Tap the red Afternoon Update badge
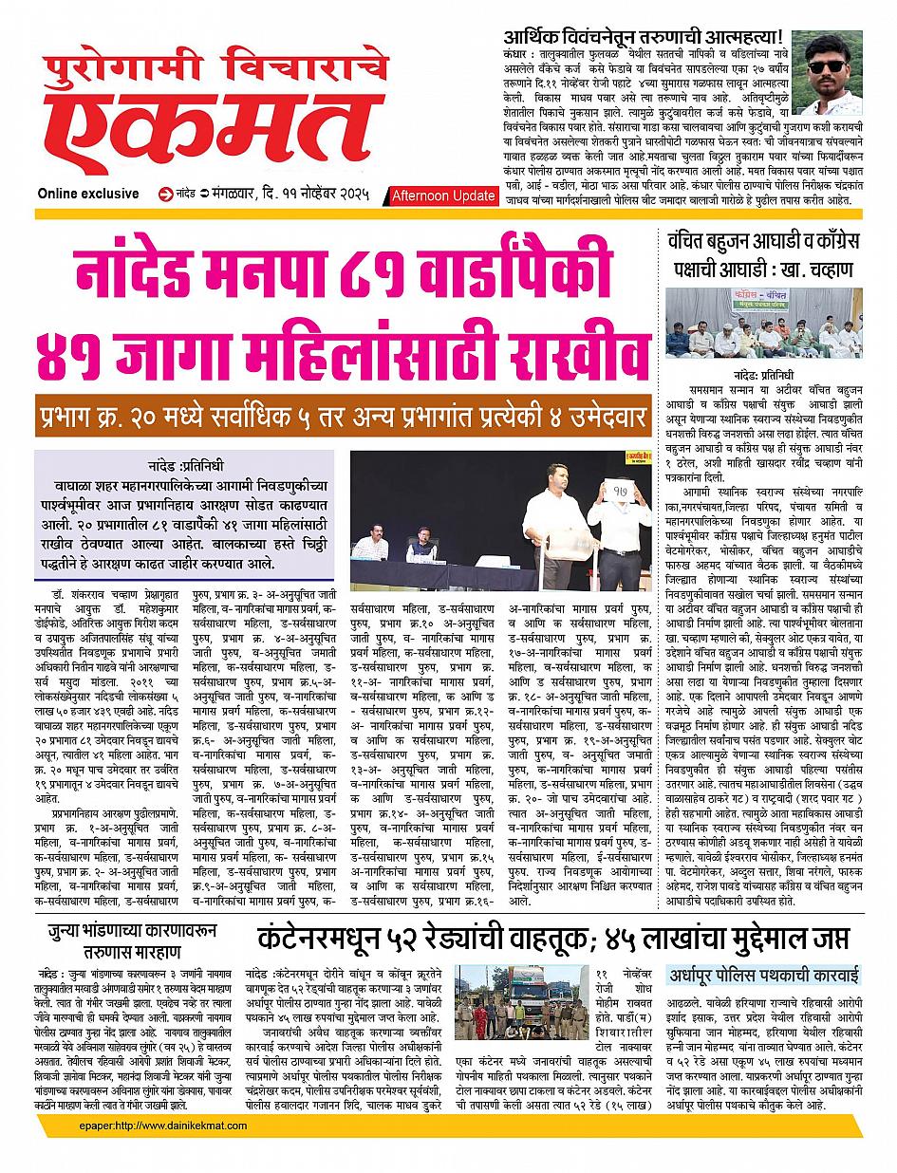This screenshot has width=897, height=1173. click(x=443, y=195)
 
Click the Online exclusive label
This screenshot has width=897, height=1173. click(x=88, y=195)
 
